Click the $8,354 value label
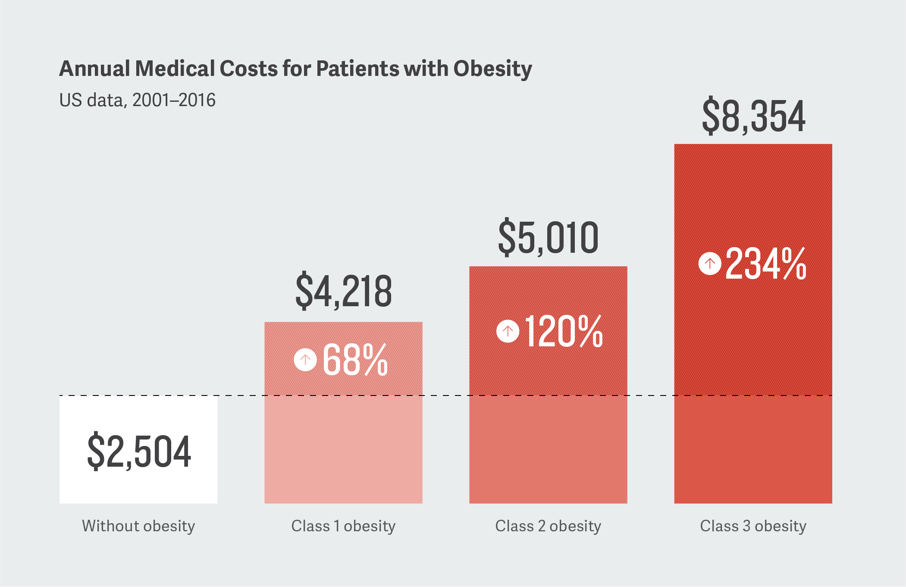[x=753, y=116]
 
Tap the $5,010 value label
[x=548, y=237]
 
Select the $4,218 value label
[x=344, y=291]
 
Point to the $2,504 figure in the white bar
[x=139, y=451]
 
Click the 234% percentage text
[x=765, y=264]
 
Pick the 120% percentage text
[x=564, y=331]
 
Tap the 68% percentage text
[x=355, y=360]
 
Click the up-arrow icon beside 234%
[x=710, y=263]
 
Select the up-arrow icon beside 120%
[x=508, y=331]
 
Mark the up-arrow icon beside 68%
[x=305, y=359]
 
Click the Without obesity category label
[x=138, y=526]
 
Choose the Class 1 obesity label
[x=343, y=526]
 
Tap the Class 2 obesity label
[x=548, y=526]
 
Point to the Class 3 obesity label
[x=753, y=526]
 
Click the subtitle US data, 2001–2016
[x=137, y=100]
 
